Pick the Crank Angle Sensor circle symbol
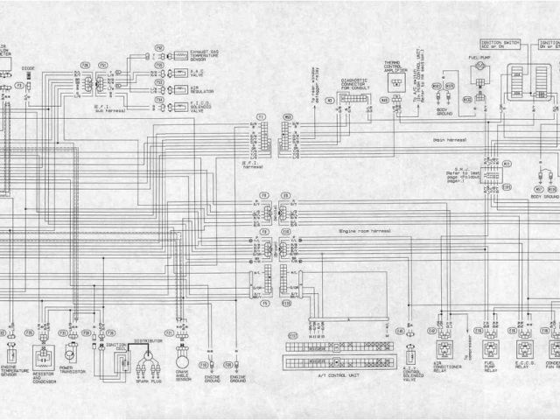click(x=182, y=359)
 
